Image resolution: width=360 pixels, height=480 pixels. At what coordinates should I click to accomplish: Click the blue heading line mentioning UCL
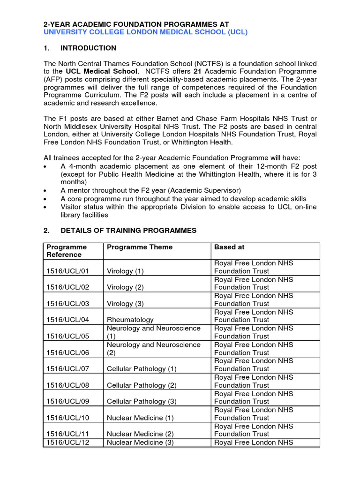click(x=145, y=32)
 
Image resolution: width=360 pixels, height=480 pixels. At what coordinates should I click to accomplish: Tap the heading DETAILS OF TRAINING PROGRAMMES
click(x=128, y=231)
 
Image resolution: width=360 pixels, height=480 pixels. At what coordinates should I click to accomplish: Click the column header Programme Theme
click(x=140, y=247)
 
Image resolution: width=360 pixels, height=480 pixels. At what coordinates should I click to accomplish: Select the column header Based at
click(x=229, y=247)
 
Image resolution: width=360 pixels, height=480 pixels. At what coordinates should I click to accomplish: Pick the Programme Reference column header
click(x=67, y=251)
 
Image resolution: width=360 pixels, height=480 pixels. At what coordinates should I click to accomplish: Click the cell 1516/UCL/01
click(x=67, y=271)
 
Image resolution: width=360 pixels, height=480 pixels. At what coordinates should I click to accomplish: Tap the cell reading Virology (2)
click(x=125, y=287)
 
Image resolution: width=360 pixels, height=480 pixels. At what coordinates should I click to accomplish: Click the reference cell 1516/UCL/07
click(x=67, y=369)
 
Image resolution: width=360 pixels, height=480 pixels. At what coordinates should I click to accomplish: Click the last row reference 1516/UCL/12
click(x=67, y=442)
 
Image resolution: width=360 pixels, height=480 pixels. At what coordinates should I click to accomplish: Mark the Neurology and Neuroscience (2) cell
click(x=153, y=348)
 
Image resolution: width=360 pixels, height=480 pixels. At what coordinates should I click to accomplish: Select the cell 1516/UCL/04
click(x=67, y=320)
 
